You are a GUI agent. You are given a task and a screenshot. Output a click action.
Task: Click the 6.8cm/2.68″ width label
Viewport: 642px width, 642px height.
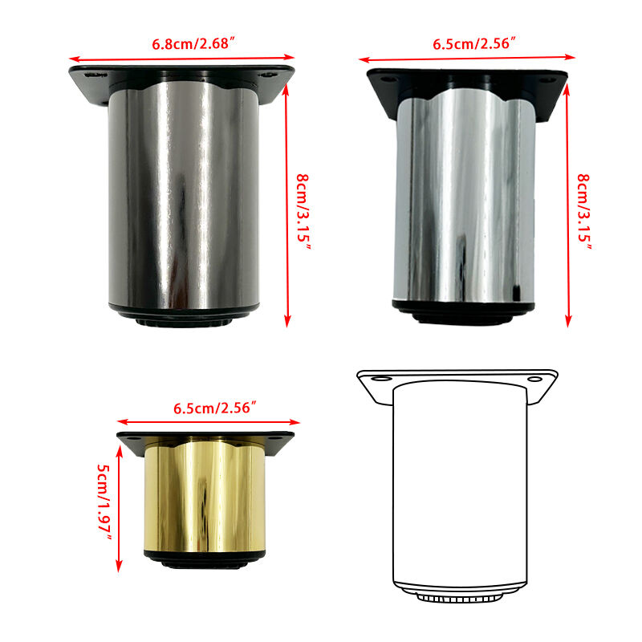click(194, 43)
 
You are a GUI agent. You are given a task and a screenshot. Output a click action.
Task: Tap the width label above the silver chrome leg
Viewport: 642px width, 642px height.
click(474, 43)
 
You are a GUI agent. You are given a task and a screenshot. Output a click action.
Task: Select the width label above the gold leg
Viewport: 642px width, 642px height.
click(215, 408)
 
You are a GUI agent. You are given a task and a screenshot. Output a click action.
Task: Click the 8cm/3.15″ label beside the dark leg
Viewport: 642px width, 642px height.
click(303, 211)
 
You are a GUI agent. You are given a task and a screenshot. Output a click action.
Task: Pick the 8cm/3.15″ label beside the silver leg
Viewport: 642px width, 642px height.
click(584, 211)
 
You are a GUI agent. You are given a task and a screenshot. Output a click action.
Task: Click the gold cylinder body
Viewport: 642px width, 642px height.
click(205, 496)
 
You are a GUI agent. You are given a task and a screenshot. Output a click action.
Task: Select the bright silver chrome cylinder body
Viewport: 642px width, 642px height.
click(465, 197)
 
